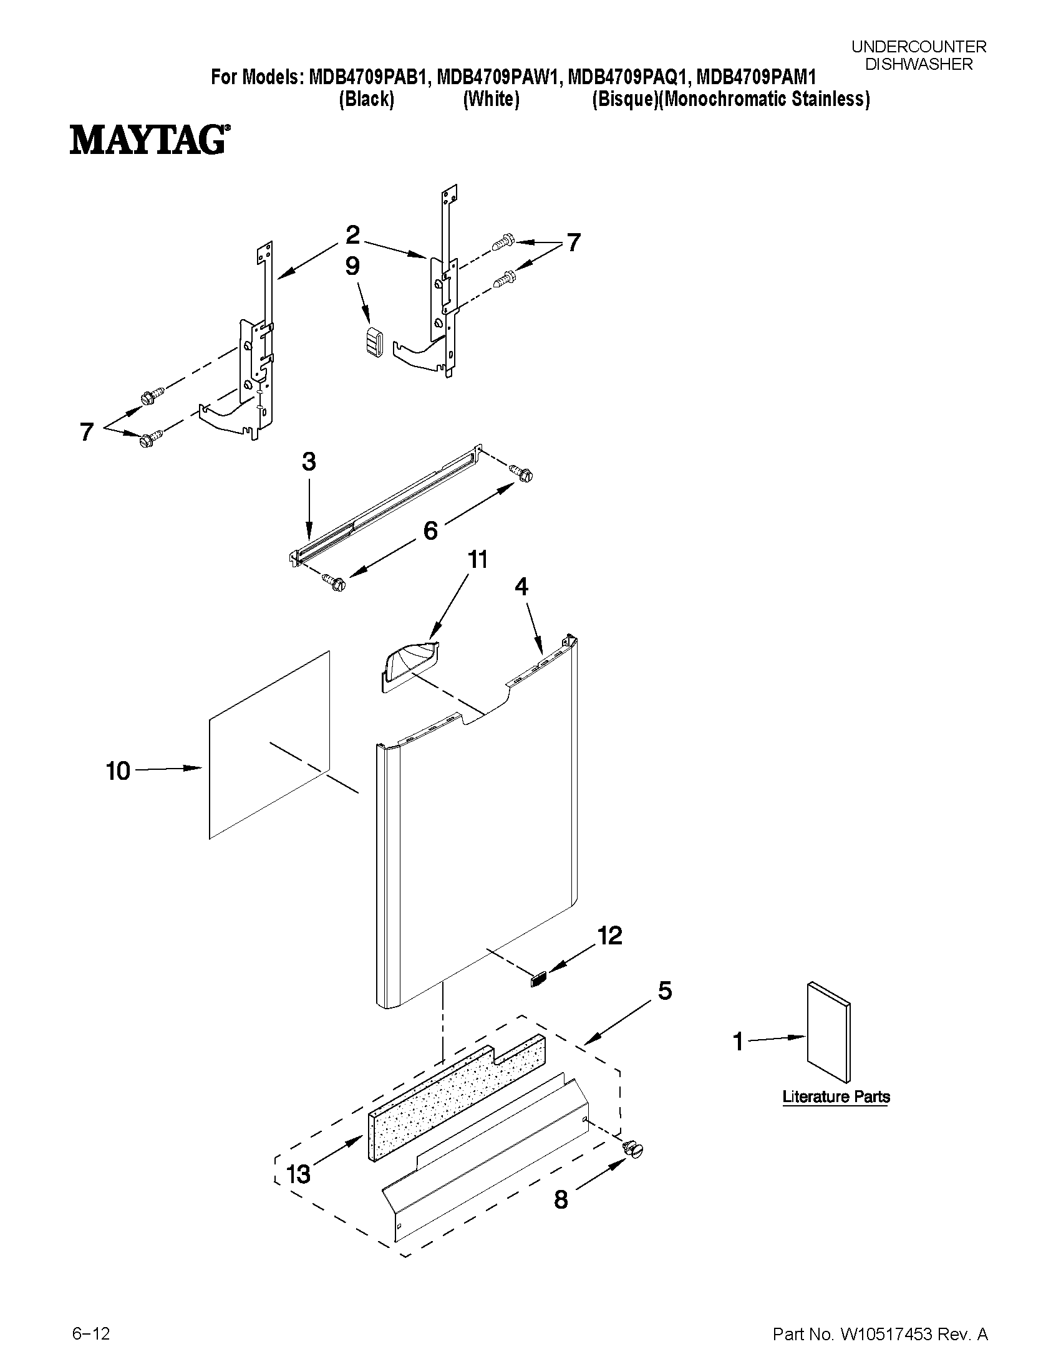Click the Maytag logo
(149, 140)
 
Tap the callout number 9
(352, 266)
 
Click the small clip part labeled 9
(375, 343)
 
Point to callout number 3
(308, 462)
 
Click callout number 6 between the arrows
(430, 531)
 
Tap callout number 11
(478, 559)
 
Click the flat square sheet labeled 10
(269, 744)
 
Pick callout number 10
(117, 771)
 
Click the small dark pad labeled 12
(540, 979)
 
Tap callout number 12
(609, 936)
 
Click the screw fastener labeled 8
(634, 1148)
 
